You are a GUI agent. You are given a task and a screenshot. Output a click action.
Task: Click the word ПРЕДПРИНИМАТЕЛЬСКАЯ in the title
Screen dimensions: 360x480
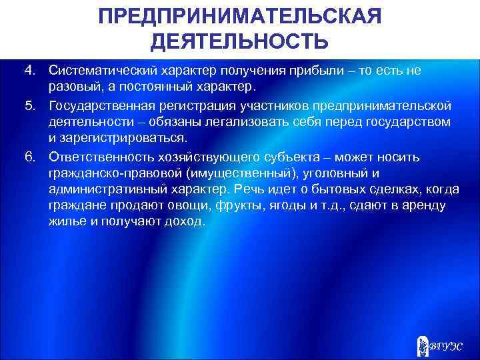(x=239, y=15)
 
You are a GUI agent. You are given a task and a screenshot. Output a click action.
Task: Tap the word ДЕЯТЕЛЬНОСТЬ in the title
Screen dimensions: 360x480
(x=239, y=42)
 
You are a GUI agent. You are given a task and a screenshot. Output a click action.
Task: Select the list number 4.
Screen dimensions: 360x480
(x=29, y=71)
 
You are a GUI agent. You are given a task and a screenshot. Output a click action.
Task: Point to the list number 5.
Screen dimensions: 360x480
(x=29, y=105)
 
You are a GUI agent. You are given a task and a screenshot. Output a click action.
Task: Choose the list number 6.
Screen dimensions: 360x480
(x=29, y=157)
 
